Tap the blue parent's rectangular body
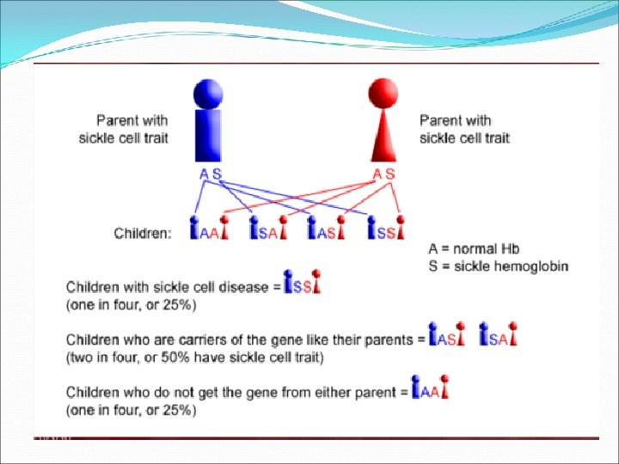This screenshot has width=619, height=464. [x=210, y=135]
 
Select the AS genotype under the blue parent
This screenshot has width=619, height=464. [x=210, y=174]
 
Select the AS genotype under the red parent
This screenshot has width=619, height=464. [x=384, y=174]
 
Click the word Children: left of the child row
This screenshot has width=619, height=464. [x=144, y=232]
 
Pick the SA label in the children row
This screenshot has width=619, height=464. [x=267, y=232]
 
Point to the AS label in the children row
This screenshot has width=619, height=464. [x=327, y=232]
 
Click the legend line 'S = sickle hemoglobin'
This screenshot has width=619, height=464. [x=499, y=266]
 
